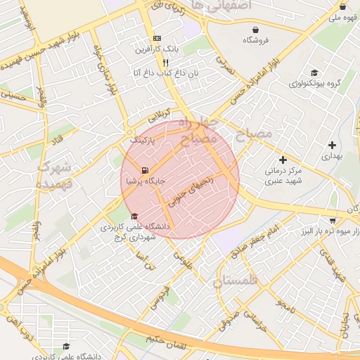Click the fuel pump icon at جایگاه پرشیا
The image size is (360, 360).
145,170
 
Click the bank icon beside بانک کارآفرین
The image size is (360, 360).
156,38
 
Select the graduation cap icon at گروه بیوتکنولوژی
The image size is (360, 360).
314,72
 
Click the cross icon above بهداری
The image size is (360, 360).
332,146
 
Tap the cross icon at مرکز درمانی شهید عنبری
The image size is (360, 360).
283,160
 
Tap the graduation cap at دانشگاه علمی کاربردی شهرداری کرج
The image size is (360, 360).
134,216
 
